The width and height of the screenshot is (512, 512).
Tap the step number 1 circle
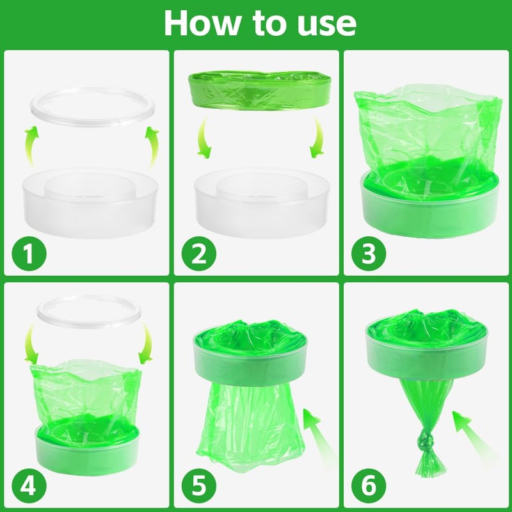point(29,253)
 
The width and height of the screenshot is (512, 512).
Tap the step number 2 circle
point(199,253)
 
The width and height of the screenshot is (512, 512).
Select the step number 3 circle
point(369,253)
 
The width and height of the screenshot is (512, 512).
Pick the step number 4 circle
point(29,486)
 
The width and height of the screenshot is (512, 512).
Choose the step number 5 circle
point(199,486)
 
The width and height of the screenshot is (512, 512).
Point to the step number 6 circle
point(369,486)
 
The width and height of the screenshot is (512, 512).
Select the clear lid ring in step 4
point(89,323)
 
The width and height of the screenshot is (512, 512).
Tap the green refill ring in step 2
point(260,90)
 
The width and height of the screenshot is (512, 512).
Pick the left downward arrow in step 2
point(203,139)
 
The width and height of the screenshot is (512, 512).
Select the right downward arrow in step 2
point(318,139)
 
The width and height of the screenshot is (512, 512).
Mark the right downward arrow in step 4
point(147,344)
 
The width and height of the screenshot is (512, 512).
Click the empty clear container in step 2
point(262,202)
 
